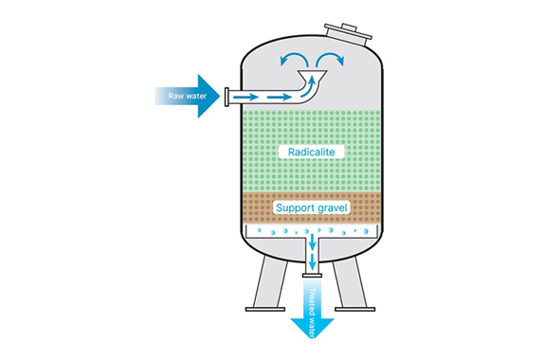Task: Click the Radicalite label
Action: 312,152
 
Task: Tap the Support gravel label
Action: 312,207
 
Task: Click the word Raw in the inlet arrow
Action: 175,96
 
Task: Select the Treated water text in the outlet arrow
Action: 312,313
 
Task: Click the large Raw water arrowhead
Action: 208,96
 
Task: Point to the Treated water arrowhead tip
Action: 312,338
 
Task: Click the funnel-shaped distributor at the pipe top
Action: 313,74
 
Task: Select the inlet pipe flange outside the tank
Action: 227,97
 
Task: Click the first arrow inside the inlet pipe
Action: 245,97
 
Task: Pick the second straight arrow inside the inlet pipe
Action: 279,97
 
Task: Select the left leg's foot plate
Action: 265,309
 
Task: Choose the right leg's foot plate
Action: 355,309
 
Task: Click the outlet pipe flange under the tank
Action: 312,276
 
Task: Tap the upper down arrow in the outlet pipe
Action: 312,242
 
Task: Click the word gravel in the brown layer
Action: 332,208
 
